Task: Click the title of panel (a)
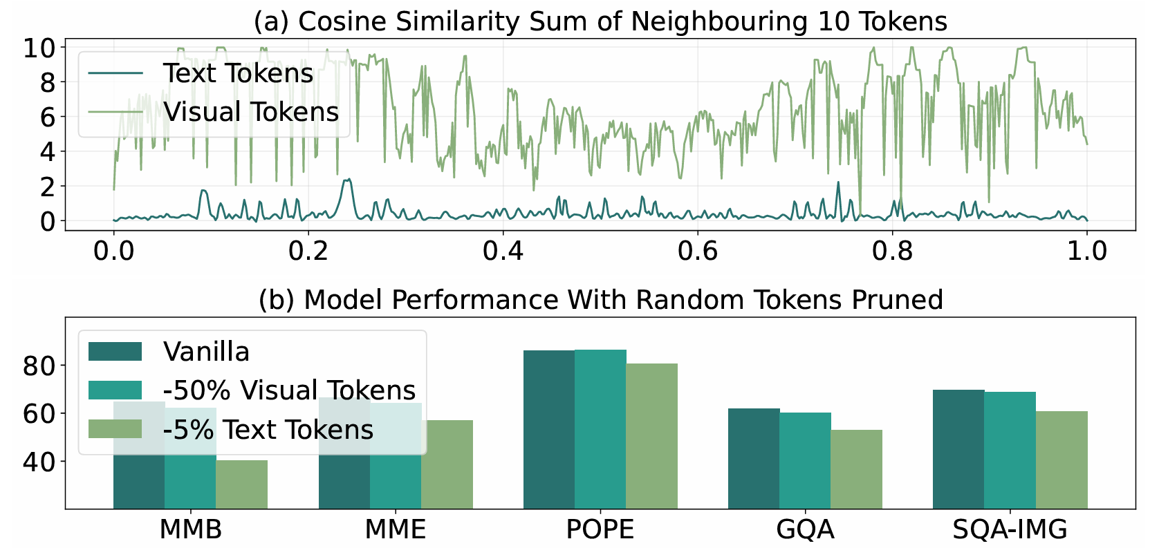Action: click(600, 21)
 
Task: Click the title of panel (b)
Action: click(600, 300)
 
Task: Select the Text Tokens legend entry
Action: click(238, 73)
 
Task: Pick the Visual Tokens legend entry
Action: click(250, 112)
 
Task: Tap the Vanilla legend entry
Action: click(206, 352)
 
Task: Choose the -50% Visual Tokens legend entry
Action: click(289, 390)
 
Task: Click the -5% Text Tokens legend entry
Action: click(268, 430)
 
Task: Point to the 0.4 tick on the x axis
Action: click(503, 250)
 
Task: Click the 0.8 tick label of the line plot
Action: click(893, 250)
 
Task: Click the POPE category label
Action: click(600, 530)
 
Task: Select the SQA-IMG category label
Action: click(1010, 530)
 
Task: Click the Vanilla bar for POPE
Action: click(549, 428)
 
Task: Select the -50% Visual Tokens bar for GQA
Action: click(805, 460)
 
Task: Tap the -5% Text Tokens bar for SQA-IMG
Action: click(1061, 460)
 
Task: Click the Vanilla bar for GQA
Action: click(754, 458)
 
